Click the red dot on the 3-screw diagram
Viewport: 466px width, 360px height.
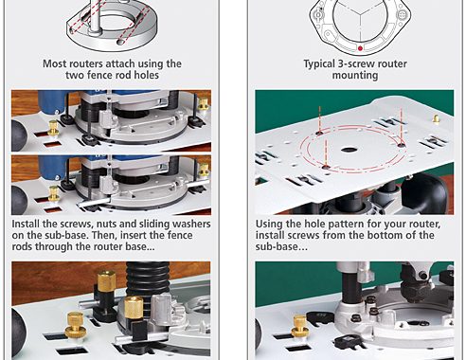coord(360,48)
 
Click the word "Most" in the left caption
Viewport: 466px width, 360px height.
coord(55,63)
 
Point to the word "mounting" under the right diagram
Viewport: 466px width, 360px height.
coord(355,76)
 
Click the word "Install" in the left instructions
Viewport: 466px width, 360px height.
coord(26,224)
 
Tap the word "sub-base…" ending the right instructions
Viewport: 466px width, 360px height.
coord(281,246)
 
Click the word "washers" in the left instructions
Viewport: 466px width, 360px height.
coord(191,224)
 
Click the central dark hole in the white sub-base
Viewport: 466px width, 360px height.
coord(349,150)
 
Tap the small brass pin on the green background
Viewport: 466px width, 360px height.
coord(436,118)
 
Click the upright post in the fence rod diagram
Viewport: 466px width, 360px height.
coord(94,16)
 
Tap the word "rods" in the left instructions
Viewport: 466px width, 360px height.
coord(22,246)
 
